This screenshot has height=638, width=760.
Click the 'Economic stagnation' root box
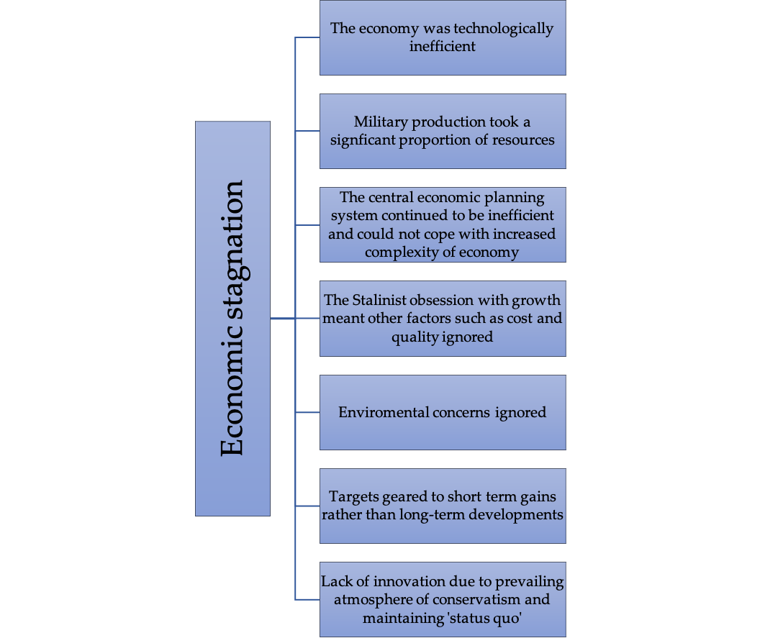click(232, 318)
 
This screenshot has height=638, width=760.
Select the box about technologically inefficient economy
click(443, 38)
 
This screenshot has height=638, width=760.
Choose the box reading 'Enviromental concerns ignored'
click(443, 412)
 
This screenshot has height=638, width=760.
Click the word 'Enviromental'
click(383, 412)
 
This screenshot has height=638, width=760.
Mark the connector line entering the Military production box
click(307, 131)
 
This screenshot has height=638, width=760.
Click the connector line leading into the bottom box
click(307, 600)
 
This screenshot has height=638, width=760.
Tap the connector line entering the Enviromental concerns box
click(307, 412)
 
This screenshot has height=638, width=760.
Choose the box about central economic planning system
click(443, 225)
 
